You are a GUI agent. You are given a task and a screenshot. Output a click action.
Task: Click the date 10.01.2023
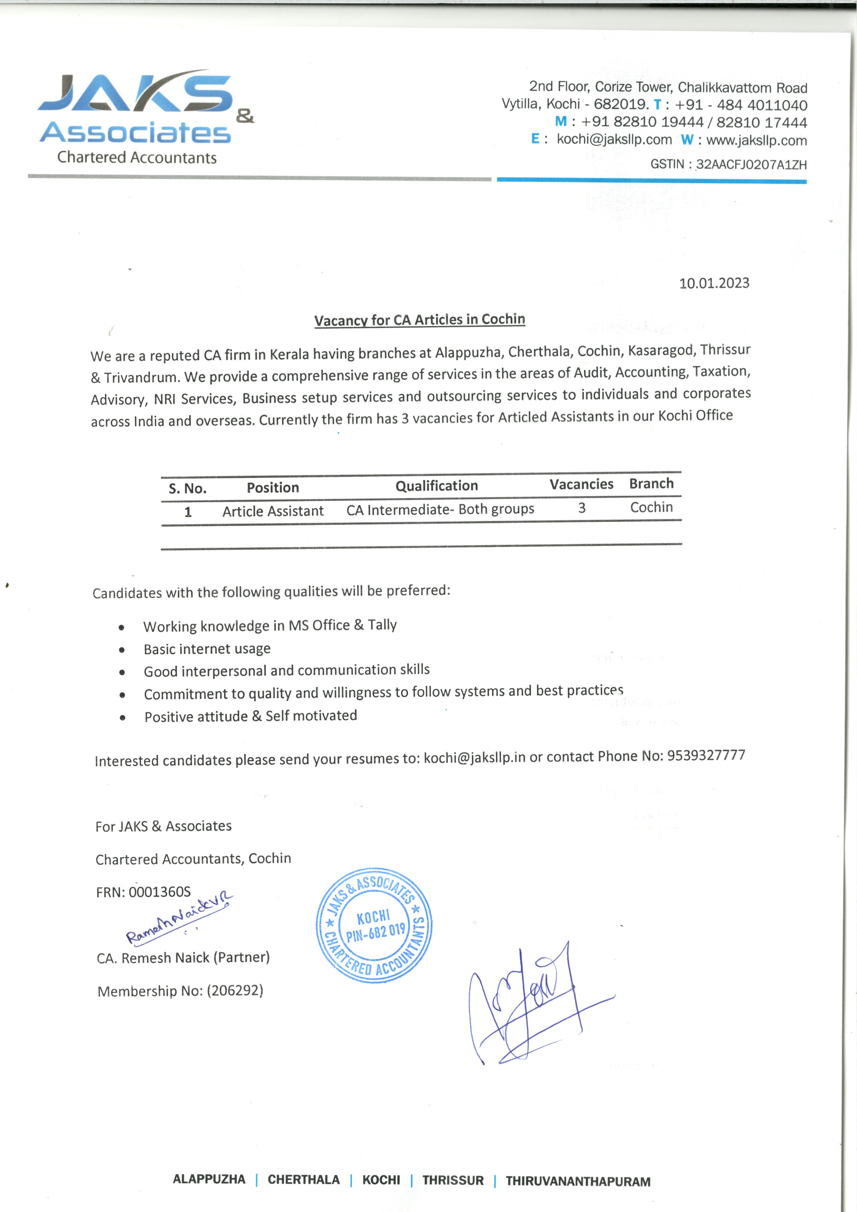tap(714, 283)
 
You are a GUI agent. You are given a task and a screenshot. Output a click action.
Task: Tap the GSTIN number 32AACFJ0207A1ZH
tap(751, 165)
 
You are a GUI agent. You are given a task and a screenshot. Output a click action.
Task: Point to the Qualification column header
tap(437, 486)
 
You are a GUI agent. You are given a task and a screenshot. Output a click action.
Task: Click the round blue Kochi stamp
tap(374, 925)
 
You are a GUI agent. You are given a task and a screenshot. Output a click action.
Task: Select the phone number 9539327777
tap(706, 755)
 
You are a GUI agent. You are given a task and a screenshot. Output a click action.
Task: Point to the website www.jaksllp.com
tap(756, 140)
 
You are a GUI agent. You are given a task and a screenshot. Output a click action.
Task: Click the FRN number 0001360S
tap(159, 892)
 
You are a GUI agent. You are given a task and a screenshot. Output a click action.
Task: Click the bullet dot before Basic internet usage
tap(122, 650)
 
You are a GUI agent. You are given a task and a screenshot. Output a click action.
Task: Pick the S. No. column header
tap(187, 488)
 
